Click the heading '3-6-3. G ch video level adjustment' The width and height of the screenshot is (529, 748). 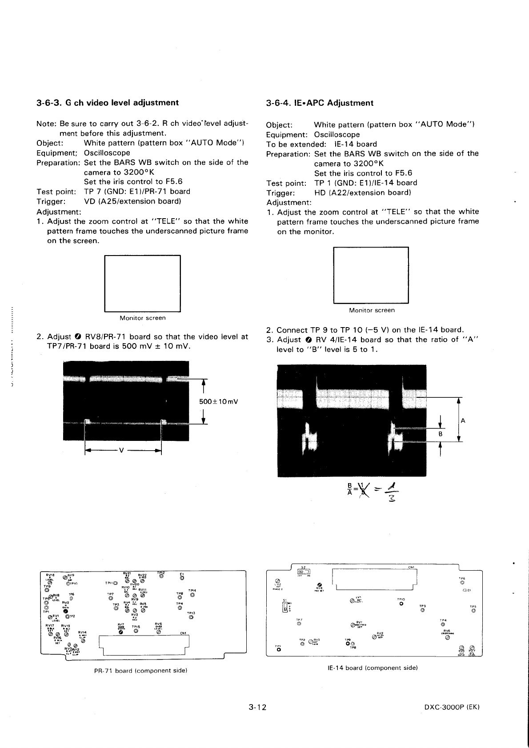click(107, 103)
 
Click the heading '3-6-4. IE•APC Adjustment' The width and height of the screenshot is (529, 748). click(320, 103)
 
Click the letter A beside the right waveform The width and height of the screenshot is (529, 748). click(463, 421)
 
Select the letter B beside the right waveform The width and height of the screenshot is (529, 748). click(440, 434)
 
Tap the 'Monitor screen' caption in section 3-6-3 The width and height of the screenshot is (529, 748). click(142, 318)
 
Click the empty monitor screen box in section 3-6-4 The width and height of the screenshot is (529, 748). click(370, 275)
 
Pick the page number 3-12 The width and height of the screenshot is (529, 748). click(257, 707)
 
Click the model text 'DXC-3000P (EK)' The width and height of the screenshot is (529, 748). click(451, 707)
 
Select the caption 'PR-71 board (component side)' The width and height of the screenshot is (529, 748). click(140, 670)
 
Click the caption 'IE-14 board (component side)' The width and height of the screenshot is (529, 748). click(372, 668)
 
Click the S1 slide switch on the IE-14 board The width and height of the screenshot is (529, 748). click(285, 607)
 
